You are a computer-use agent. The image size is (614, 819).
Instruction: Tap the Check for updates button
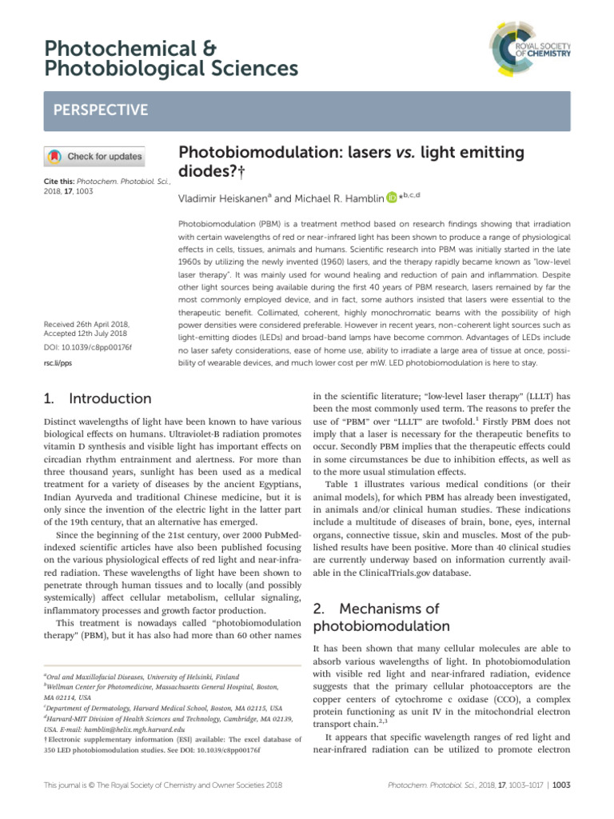click(x=94, y=156)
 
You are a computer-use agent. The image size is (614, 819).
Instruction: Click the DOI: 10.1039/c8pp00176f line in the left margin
click(x=86, y=348)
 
